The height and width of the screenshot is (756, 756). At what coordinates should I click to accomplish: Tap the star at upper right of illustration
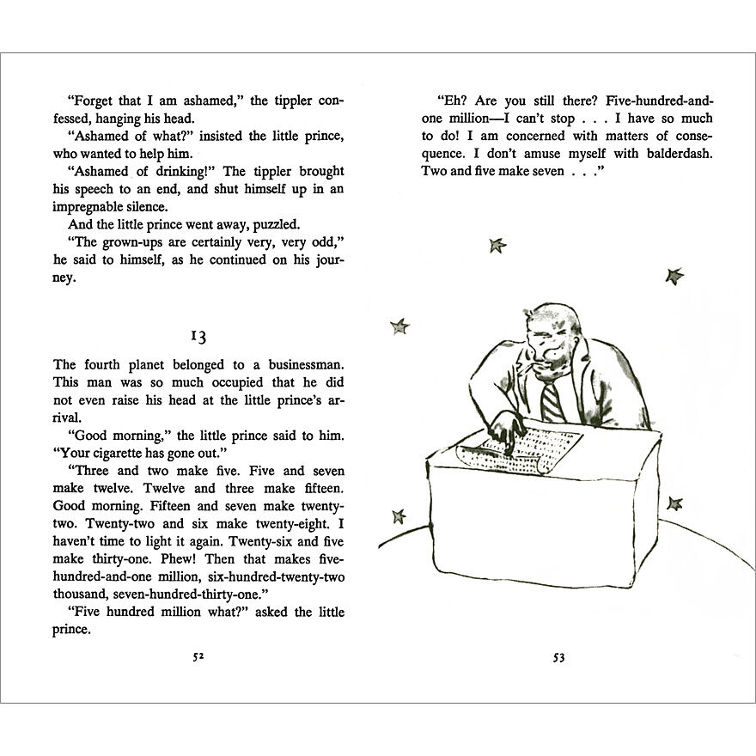(x=674, y=276)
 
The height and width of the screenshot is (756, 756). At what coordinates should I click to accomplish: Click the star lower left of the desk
(x=399, y=515)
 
